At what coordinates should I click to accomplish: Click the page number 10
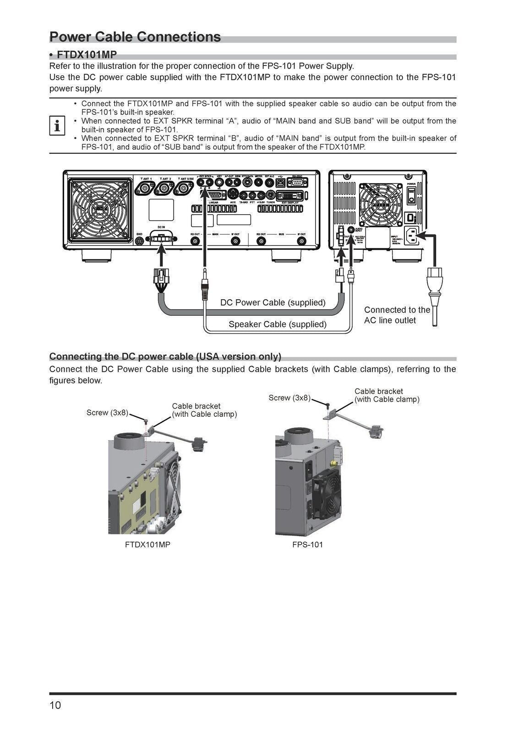(x=55, y=705)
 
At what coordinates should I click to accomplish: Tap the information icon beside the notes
(x=57, y=125)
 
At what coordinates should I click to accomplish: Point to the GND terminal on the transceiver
(x=140, y=241)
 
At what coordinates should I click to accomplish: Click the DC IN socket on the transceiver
(x=161, y=238)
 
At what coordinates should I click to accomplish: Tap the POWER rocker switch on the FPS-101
(x=411, y=194)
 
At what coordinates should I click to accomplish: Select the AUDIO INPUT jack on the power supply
(x=351, y=230)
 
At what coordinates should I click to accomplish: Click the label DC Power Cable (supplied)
(x=273, y=302)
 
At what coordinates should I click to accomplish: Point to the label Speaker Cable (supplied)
(x=277, y=324)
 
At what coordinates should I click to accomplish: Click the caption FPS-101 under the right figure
(x=307, y=544)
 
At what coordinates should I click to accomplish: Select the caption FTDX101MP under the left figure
(x=147, y=544)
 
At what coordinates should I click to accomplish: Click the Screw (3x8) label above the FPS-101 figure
(x=289, y=398)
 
